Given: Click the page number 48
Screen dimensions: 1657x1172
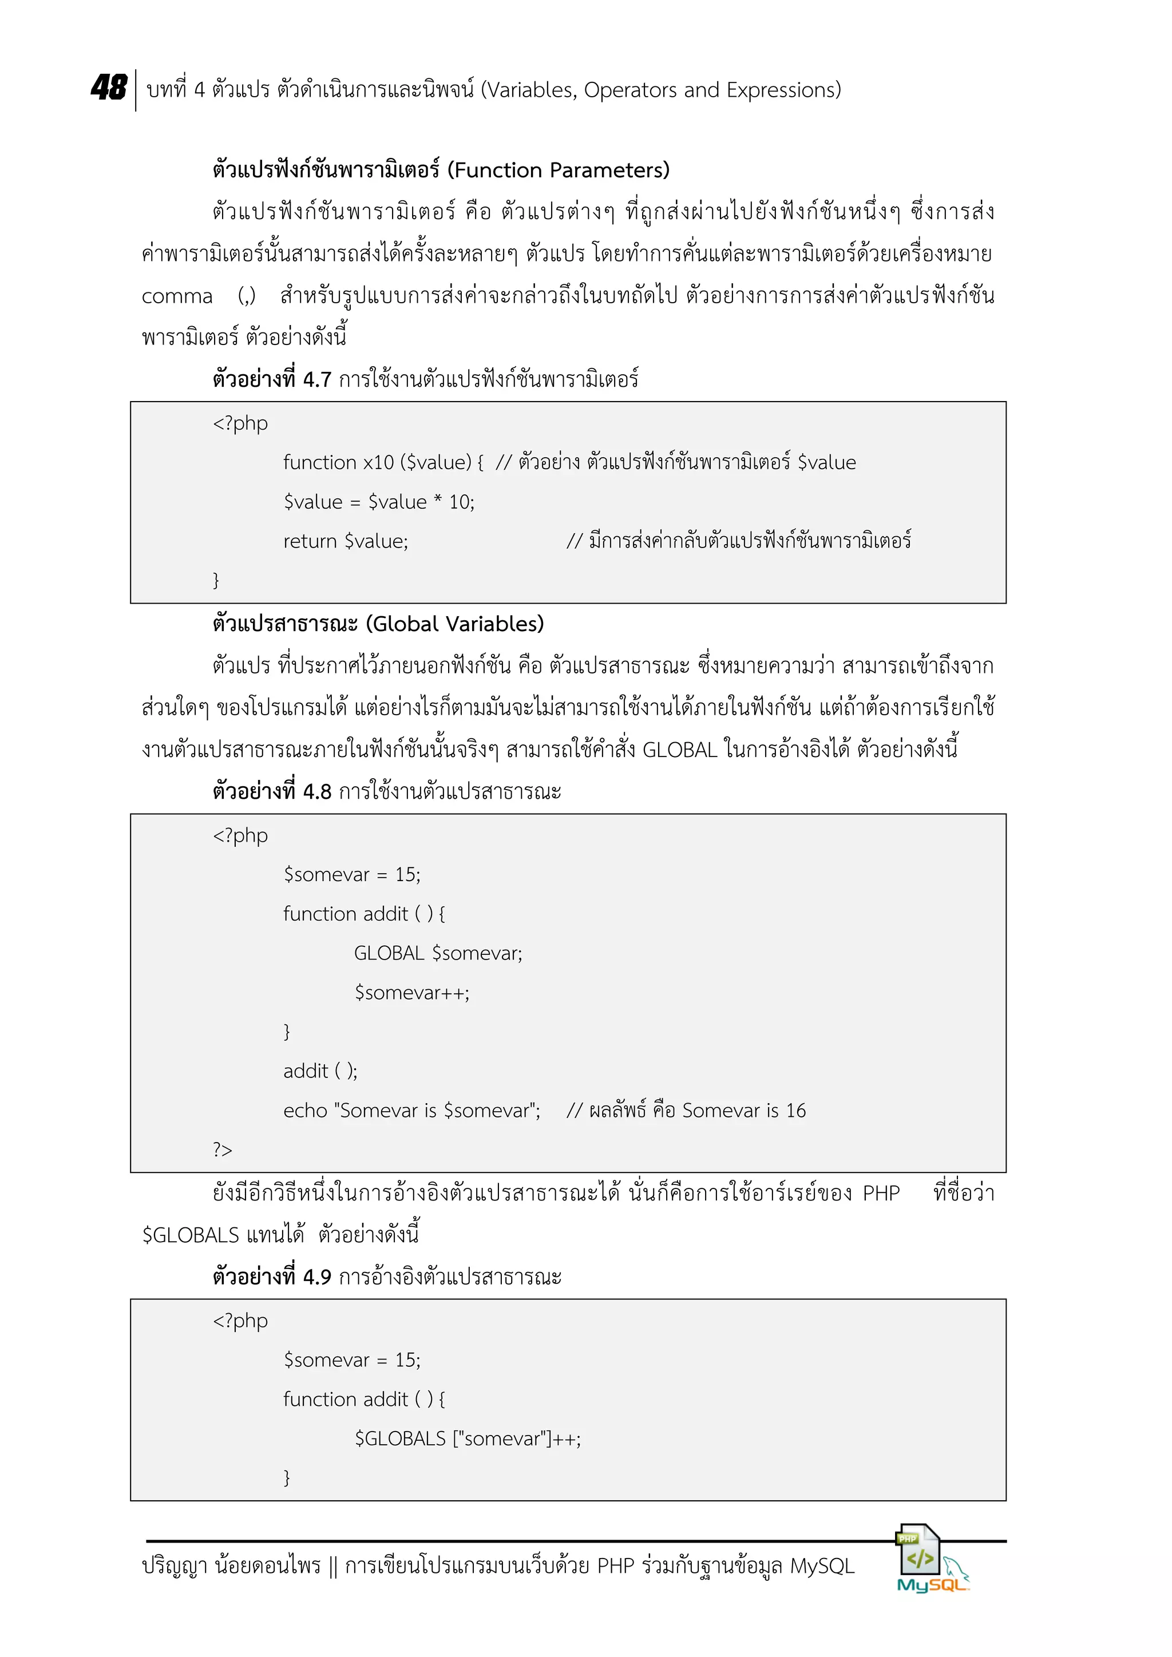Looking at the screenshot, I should tap(109, 88).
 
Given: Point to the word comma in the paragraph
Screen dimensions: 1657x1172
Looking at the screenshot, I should tap(177, 296).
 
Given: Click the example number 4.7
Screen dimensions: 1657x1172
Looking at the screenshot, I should tap(317, 379).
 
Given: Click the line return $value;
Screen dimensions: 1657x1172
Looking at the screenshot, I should tap(345, 541).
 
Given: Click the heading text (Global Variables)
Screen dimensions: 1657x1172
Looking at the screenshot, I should tap(454, 624).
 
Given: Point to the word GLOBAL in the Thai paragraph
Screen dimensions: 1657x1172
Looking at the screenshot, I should tap(679, 751).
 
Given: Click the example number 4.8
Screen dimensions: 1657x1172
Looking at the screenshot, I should tap(317, 792).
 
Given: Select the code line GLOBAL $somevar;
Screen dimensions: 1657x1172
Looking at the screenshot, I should tap(437, 953).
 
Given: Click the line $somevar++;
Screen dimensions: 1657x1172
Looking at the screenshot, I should tap(411, 993).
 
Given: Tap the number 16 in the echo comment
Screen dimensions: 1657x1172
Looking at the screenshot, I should tap(795, 1111).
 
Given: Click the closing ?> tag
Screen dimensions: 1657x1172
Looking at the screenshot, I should tap(222, 1149).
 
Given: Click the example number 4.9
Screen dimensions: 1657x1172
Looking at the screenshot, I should tap(317, 1278).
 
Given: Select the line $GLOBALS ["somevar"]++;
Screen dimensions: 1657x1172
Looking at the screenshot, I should tap(467, 1439).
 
